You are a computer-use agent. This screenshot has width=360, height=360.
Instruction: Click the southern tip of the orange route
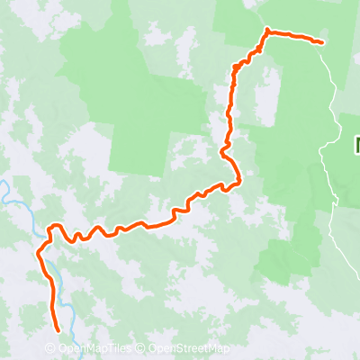point(59,330)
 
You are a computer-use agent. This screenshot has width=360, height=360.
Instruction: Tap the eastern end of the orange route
point(322,41)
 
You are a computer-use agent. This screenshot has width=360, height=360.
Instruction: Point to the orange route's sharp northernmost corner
point(267,31)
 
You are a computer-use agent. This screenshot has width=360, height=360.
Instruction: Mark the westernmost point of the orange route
point(38,254)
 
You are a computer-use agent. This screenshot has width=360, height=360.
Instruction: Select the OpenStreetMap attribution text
point(188,349)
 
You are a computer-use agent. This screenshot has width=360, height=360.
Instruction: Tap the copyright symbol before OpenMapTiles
point(49,349)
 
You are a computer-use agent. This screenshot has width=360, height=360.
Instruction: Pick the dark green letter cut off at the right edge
point(356,144)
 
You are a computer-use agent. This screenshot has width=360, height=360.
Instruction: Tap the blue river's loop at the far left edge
point(4,191)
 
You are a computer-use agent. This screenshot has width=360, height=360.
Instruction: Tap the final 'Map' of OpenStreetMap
point(217,349)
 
